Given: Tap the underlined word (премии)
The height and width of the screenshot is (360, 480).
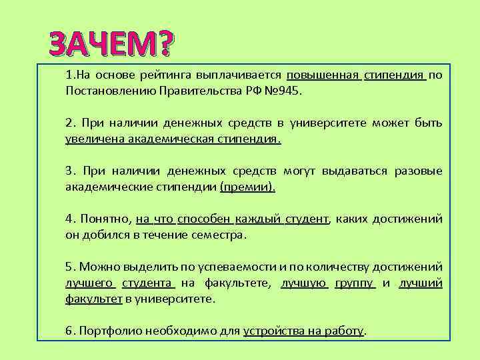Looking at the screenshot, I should tap(247, 187).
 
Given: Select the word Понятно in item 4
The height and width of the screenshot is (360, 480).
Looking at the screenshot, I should tap(105, 219).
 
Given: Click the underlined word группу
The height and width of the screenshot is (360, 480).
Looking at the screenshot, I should tap(356, 283).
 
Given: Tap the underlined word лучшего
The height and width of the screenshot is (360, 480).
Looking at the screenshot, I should tap(91, 283).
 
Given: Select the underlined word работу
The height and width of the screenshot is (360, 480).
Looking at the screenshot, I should tap(344, 331).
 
